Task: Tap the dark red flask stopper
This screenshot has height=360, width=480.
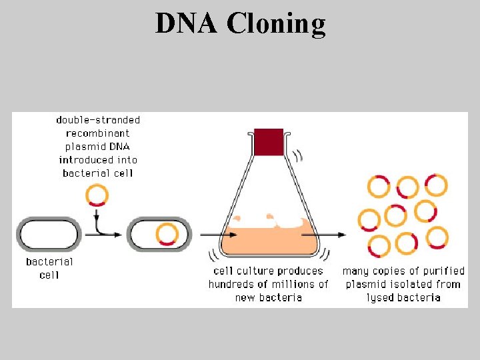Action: pyautogui.click(x=269, y=142)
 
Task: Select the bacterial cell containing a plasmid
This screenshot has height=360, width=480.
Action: pyautogui.click(x=160, y=235)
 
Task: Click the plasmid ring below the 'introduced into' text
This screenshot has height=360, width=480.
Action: pyautogui.click(x=97, y=195)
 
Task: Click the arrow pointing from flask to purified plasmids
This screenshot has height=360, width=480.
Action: pyautogui.click(x=333, y=235)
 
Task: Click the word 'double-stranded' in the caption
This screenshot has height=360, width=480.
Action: pyautogui.click(x=98, y=120)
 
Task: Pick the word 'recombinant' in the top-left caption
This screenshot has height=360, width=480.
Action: pyautogui.click(x=98, y=133)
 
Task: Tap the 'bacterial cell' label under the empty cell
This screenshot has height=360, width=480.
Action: pyautogui.click(x=49, y=268)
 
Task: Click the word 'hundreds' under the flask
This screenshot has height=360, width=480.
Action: pyautogui.click(x=231, y=284)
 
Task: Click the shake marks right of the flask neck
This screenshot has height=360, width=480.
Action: pyautogui.click(x=297, y=156)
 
